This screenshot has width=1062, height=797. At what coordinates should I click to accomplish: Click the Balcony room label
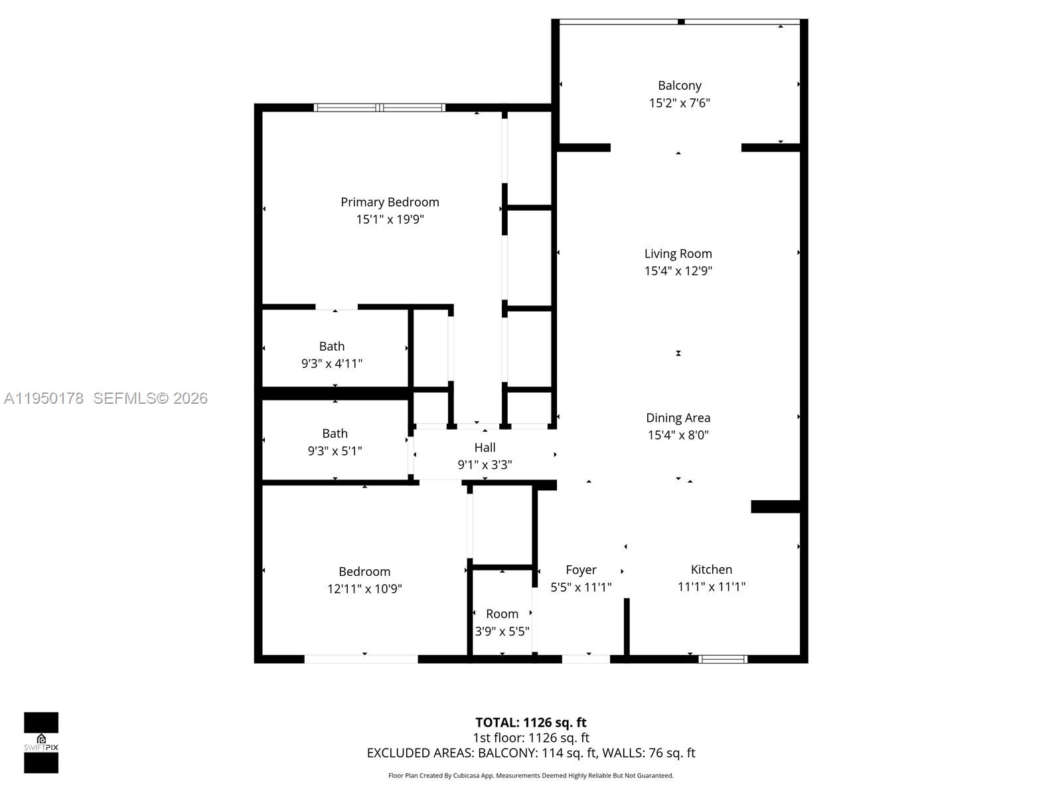tap(679, 86)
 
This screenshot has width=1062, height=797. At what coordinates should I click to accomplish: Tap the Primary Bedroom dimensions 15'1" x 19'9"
tap(390, 220)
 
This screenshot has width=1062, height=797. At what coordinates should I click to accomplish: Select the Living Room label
tap(678, 254)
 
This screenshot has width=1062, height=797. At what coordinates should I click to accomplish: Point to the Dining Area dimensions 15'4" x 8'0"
tap(678, 436)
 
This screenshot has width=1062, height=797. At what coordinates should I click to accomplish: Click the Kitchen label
tap(711, 570)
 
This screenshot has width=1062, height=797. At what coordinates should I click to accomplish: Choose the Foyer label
tap(581, 570)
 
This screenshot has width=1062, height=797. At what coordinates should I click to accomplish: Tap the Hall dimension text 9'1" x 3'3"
tap(485, 465)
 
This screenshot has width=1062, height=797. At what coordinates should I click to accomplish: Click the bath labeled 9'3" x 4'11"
tap(332, 355)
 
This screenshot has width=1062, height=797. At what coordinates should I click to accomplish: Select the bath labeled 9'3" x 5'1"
tap(335, 442)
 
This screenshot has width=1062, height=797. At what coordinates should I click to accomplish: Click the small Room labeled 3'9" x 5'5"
tap(502, 622)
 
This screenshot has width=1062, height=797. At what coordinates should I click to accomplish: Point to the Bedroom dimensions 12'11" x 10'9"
tap(364, 589)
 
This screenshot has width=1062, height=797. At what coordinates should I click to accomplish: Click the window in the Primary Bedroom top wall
tap(380, 108)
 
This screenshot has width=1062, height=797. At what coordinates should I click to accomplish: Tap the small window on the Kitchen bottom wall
tap(723, 660)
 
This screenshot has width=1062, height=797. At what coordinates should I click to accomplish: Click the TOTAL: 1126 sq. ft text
tap(530, 723)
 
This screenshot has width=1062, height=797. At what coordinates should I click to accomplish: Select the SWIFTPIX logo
tap(41, 743)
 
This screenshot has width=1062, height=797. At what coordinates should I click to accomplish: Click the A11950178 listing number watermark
tap(44, 398)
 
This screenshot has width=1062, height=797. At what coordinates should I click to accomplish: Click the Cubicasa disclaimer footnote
tap(530, 776)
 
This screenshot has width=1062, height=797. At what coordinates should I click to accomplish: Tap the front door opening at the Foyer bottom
tap(585, 660)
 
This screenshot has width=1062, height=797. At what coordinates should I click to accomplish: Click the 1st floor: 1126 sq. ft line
tap(530, 738)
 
